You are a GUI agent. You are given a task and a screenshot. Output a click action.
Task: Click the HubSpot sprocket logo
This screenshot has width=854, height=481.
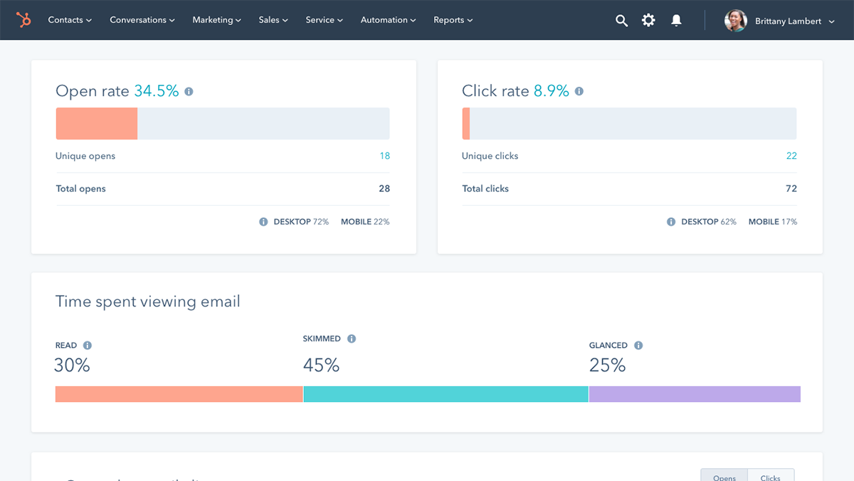pyautogui.click(x=23, y=20)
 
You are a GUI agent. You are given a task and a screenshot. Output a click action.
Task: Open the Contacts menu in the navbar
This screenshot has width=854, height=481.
pyautogui.click(x=70, y=20)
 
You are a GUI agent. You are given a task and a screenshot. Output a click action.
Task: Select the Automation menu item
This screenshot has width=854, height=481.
pyautogui.click(x=388, y=20)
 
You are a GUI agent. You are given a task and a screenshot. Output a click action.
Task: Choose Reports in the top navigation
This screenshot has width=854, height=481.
pyautogui.click(x=453, y=20)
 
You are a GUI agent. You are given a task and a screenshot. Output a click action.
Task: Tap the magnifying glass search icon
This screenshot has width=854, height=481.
pyautogui.click(x=621, y=21)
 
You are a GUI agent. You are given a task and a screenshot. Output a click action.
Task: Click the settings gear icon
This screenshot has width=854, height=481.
pyautogui.click(x=648, y=21)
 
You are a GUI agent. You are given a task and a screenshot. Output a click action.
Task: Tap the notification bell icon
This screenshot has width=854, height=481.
pyautogui.click(x=676, y=21)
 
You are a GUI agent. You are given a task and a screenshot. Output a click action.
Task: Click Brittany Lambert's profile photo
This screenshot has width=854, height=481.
pyautogui.click(x=735, y=21)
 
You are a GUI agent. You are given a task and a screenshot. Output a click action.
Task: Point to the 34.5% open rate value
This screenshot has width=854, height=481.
pyautogui.click(x=157, y=91)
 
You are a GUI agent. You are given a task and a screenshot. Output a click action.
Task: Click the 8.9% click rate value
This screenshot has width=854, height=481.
pyautogui.click(x=552, y=91)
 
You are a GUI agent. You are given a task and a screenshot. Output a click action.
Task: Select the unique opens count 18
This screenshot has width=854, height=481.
pyautogui.click(x=384, y=156)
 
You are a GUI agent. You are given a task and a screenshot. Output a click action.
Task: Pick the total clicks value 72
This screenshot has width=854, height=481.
pyautogui.click(x=791, y=189)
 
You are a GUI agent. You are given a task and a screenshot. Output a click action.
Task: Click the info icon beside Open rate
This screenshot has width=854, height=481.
pyautogui.click(x=189, y=92)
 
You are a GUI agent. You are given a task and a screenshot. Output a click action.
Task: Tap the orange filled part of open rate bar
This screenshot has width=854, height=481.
pyautogui.click(x=97, y=124)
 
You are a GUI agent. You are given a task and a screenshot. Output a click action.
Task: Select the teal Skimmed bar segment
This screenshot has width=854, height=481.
pyautogui.click(x=446, y=394)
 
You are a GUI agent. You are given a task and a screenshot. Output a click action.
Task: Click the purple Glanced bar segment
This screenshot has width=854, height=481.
pyautogui.click(x=695, y=394)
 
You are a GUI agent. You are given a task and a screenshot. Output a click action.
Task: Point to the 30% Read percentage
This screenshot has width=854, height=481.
pyautogui.click(x=73, y=366)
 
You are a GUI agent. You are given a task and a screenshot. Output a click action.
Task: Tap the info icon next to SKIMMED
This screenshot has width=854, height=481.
pyautogui.click(x=352, y=339)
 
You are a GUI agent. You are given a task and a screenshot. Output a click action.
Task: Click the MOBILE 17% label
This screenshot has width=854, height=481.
pyautogui.click(x=772, y=222)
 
